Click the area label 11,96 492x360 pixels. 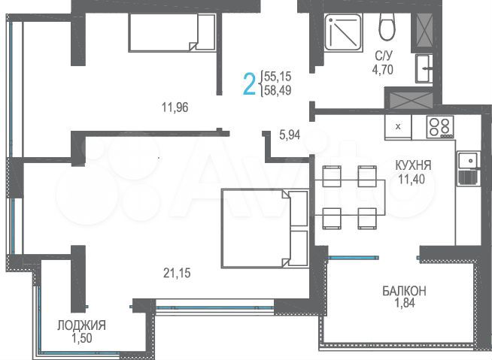(x=174, y=107)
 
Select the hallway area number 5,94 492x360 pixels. (x=290, y=136)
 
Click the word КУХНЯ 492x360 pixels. (x=413, y=165)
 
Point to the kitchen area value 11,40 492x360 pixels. (x=413, y=178)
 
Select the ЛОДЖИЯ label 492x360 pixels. (x=81, y=325)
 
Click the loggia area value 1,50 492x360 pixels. (x=81, y=339)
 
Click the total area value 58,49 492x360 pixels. (x=278, y=91)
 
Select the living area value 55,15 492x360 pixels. (x=278, y=77)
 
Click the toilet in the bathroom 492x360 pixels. (x=387, y=29)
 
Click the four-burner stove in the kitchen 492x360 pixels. (x=439, y=127)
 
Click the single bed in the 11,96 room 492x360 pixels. (x=172, y=32)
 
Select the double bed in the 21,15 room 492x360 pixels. (x=264, y=228)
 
